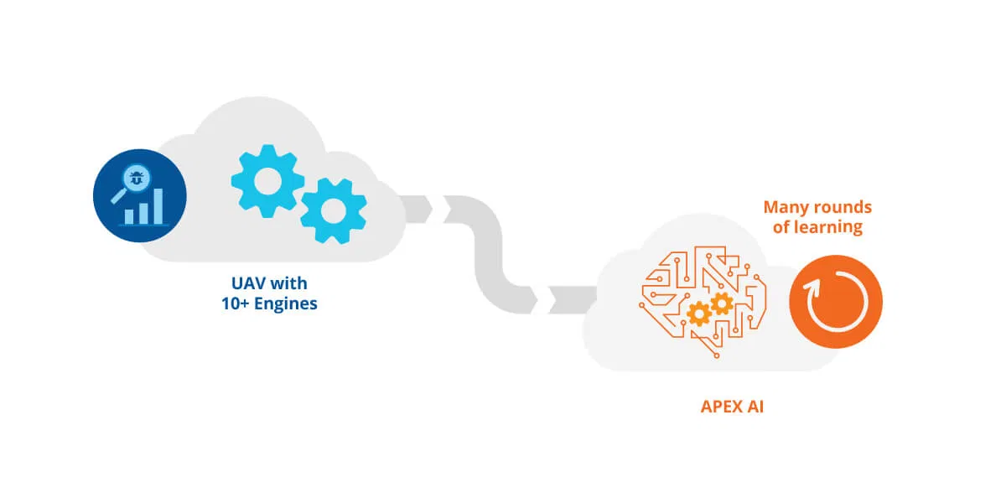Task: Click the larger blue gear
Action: [x=267, y=181]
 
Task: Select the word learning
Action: [x=828, y=226]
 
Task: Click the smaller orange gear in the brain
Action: [x=721, y=303]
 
